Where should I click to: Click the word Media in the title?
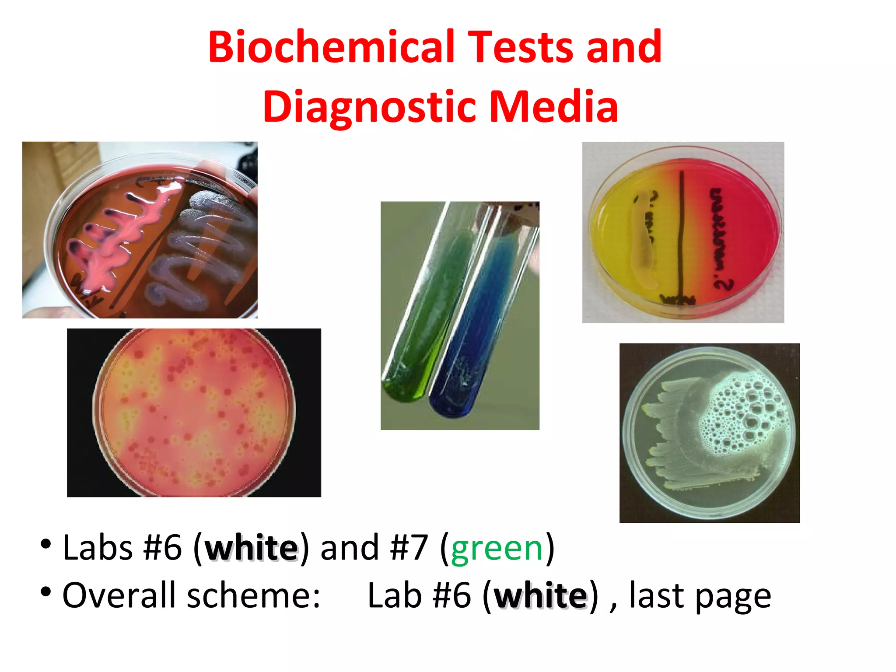tap(553, 106)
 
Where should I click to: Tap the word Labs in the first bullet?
tap(98, 548)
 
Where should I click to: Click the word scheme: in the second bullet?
tap(254, 596)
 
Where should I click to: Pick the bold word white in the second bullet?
tap(541, 596)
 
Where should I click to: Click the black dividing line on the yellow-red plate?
tap(681, 236)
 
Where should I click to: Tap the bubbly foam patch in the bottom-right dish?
tap(744, 411)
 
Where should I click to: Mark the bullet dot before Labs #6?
tap(45, 544)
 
